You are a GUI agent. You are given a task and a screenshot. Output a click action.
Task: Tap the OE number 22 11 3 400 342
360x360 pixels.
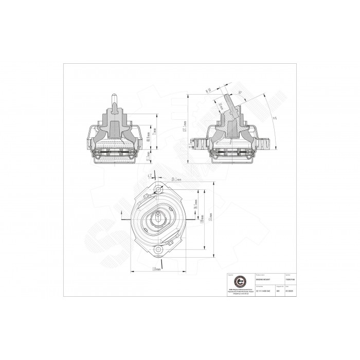pos(264,291)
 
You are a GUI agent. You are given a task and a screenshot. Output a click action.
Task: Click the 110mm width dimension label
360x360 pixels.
pos(157,269)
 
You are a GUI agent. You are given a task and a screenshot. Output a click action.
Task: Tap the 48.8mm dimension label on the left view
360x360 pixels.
pos(149,133)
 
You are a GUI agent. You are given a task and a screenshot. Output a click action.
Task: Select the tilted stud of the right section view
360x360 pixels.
pos(233,105)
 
